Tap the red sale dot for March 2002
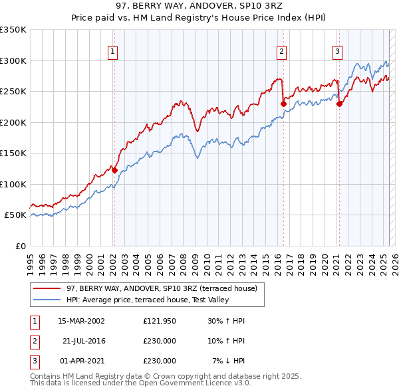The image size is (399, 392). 114,171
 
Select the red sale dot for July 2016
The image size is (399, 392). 283,104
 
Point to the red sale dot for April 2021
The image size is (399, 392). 339,104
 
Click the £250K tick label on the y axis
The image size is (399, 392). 13,92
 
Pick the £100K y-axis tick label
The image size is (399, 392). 13,184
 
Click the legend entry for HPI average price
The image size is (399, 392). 148,300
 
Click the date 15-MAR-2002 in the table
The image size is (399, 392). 82,321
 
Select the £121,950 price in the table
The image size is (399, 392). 160,321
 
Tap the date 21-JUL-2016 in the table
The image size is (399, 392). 84,341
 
